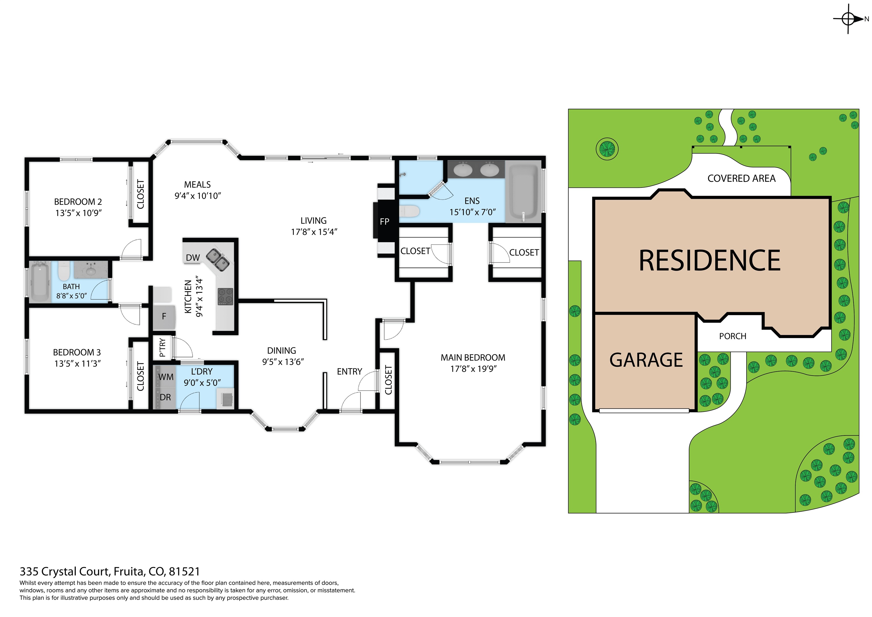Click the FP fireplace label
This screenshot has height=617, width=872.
(x=384, y=222)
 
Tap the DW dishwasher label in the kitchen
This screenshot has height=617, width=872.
(x=193, y=258)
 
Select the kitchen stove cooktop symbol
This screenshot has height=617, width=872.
(x=225, y=297)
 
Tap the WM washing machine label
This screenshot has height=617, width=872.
(x=166, y=377)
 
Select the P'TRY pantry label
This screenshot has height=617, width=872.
(x=162, y=347)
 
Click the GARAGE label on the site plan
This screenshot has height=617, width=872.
(x=646, y=360)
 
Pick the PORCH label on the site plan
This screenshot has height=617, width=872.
(x=733, y=336)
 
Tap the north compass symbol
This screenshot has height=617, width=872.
(x=848, y=19)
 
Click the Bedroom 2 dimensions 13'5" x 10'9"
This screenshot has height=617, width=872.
(x=79, y=213)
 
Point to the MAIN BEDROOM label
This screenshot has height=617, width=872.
(x=473, y=357)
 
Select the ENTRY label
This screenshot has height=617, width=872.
(x=349, y=371)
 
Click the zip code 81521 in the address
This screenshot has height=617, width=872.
(x=184, y=571)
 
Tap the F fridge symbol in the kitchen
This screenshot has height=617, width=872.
(x=164, y=316)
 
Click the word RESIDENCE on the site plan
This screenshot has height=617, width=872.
(x=709, y=261)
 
